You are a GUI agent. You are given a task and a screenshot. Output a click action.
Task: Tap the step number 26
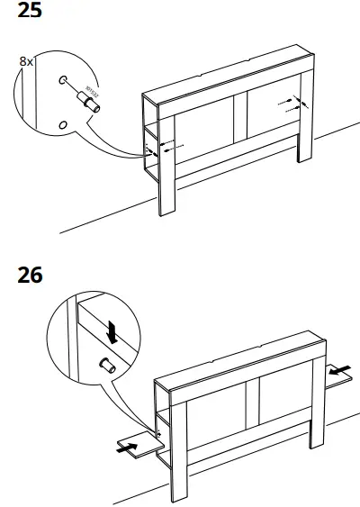(x=30, y=275)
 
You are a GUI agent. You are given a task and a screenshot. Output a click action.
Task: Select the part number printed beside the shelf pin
(x=91, y=92)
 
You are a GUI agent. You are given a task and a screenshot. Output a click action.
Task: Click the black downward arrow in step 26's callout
(x=112, y=330)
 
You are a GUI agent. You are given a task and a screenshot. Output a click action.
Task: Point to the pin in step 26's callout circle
(x=104, y=366)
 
